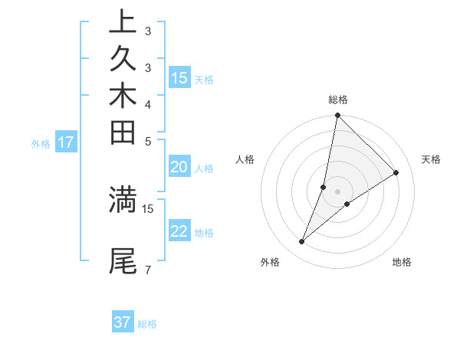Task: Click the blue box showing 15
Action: [x=179, y=77]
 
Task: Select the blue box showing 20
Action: [x=179, y=167]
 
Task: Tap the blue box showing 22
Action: [x=179, y=231]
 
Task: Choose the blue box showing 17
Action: [x=66, y=142]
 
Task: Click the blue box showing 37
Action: [x=123, y=322]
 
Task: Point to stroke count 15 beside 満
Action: [x=148, y=208]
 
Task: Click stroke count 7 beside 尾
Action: [x=147, y=270]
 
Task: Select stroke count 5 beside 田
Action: [x=147, y=141]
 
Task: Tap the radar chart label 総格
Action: [x=338, y=100]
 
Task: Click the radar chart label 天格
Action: [x=432, y=159]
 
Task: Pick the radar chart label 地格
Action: [x=402, y=262]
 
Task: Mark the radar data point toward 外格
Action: [x=302, y=242]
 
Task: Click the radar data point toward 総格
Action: [x=338, y=116]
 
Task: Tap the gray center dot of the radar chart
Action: [x=338, y=191]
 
